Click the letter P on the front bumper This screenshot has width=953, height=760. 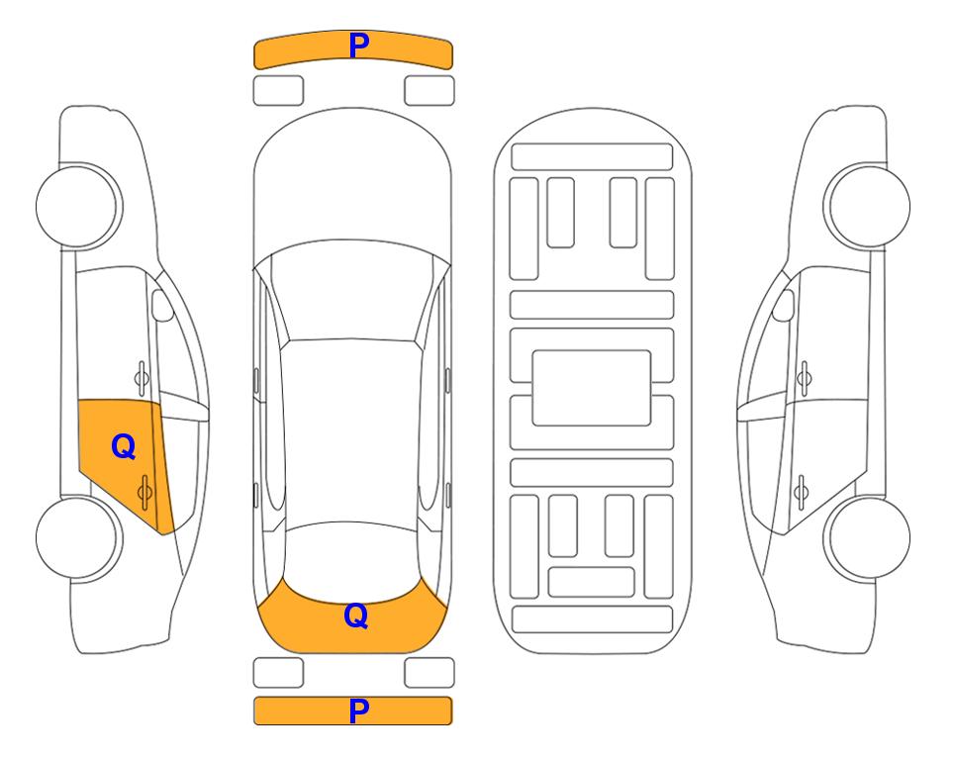(359, 46)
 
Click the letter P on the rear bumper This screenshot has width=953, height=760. (359, 711)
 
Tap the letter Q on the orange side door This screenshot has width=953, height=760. (124, 447)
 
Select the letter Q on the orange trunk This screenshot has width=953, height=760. (356, 616)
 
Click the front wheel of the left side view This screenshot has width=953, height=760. (78, 207)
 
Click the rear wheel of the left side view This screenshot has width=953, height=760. (78, 537)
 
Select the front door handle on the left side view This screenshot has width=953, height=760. (142, 378)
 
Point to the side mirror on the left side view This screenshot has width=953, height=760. (161, 305)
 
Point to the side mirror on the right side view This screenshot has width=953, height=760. (784, 305)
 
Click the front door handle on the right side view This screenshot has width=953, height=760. (805, 378)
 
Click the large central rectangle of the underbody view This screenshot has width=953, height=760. (592, 388)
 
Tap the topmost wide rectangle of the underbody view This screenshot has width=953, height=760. (592, 157)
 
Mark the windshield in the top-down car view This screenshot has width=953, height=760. (351, 291)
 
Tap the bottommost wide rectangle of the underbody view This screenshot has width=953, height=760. (592, 619)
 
